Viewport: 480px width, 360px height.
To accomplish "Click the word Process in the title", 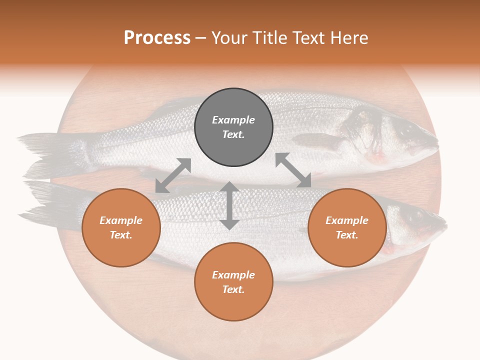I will click(157, 38).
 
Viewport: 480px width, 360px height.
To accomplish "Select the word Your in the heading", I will click(230, 38).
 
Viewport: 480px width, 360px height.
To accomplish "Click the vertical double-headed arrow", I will click(229, 205).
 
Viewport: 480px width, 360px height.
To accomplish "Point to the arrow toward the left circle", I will click(173, 175).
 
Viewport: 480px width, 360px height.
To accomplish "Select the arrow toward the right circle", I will click(293, 170).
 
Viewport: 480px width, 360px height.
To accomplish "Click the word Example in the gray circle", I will click(233, 120).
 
